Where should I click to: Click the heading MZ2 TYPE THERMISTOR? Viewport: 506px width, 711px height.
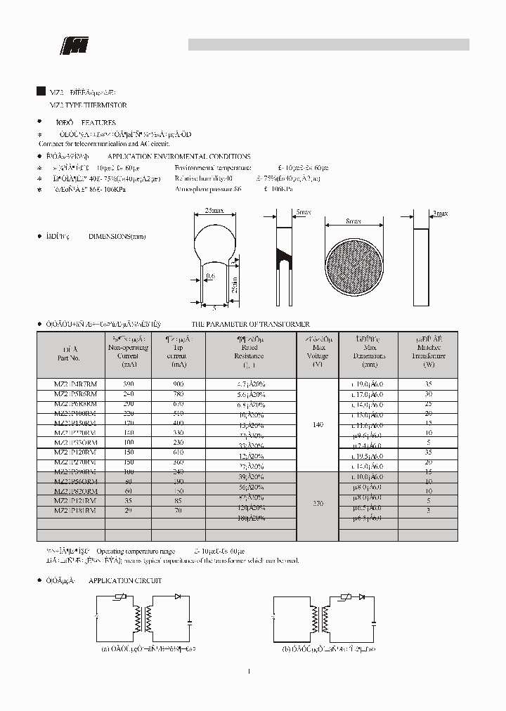click(88, 105)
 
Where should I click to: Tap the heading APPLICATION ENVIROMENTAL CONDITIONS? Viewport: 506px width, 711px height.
click(179, 157)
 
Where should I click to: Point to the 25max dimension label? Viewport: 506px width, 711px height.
click(214, 211)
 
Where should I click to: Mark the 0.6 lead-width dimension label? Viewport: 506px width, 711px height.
click(209, 277)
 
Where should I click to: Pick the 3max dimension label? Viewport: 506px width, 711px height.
click(440, 213)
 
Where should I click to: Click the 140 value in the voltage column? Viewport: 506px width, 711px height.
click(318, 425)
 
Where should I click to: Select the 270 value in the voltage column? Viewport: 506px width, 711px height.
click(318, 504)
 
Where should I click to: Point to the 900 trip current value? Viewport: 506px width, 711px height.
click(179, 384)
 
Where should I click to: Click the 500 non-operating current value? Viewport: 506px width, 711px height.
click(129, 384)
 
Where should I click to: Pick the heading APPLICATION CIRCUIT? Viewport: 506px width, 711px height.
click(124, 581)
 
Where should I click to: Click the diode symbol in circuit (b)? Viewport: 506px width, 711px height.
click(362, 596)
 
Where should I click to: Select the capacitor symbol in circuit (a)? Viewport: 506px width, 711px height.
click(190, 621)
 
